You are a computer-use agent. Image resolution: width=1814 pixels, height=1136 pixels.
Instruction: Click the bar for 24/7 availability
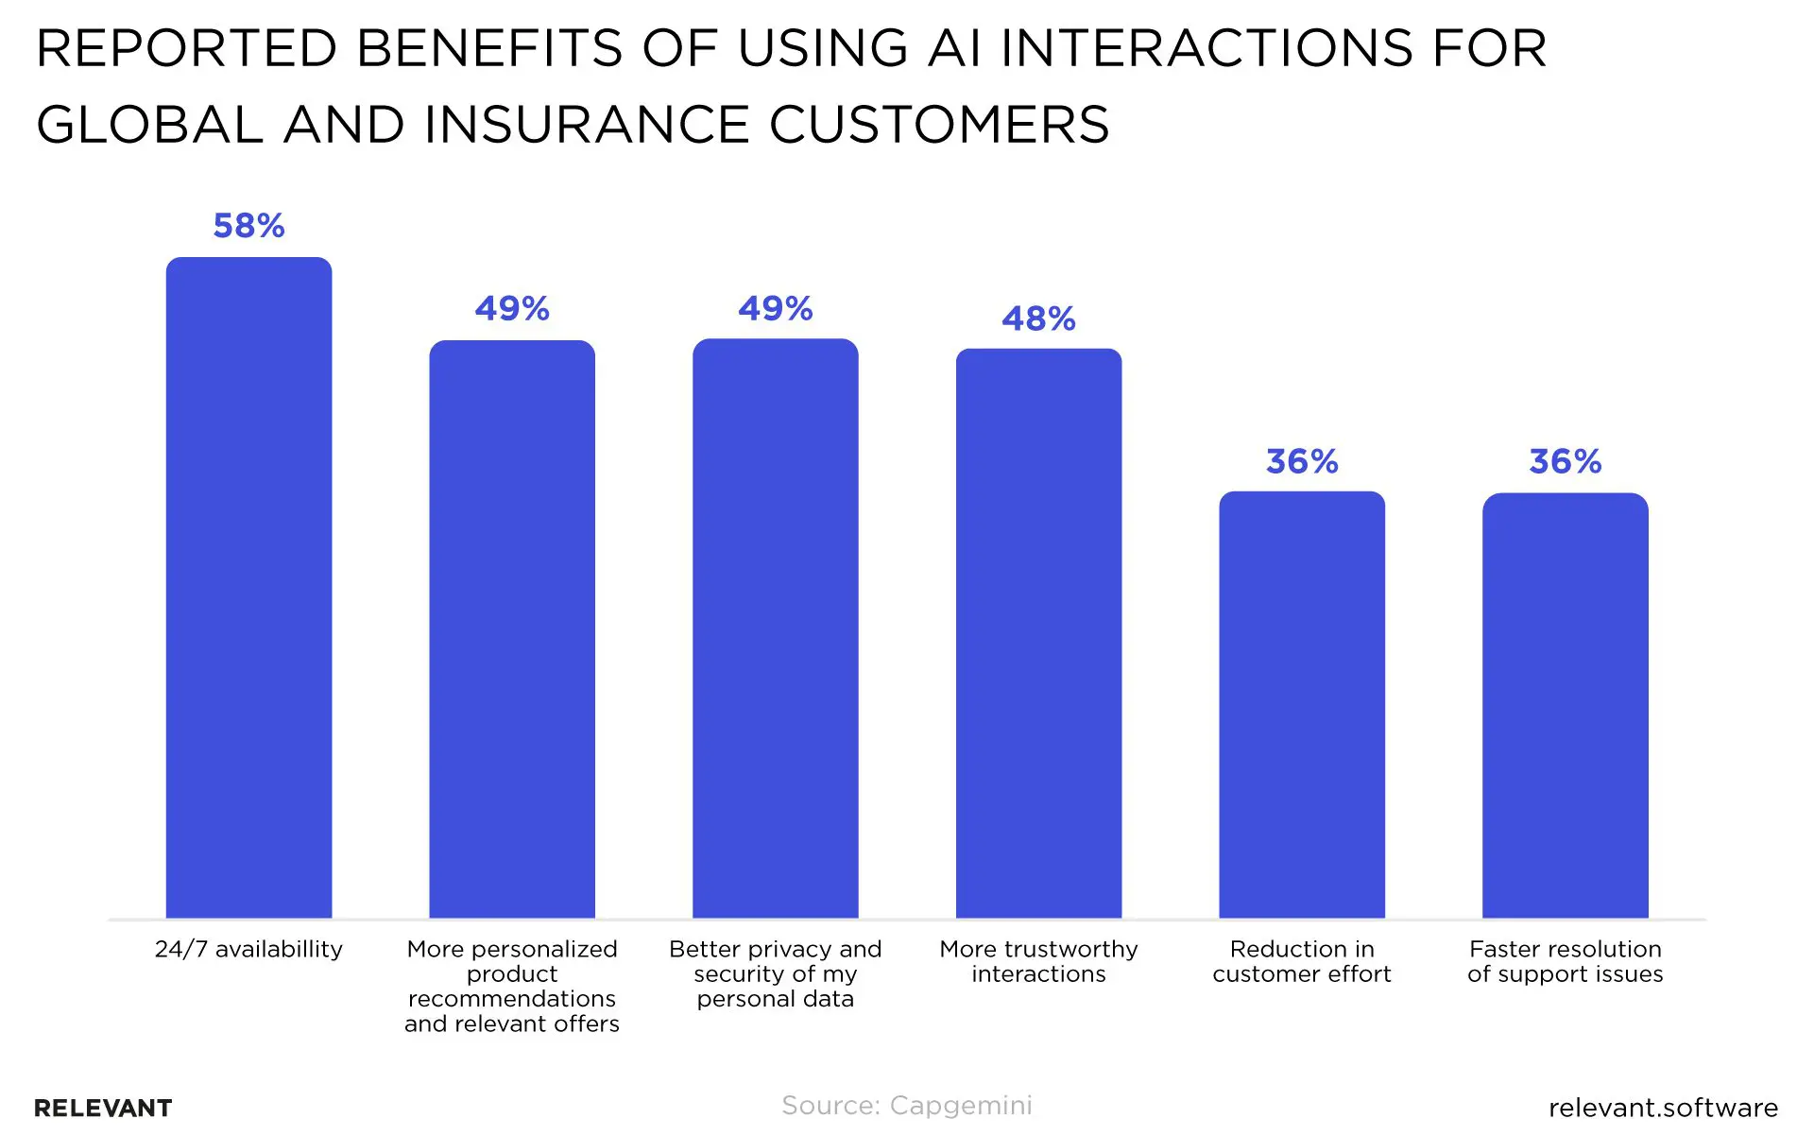tap(248, 586)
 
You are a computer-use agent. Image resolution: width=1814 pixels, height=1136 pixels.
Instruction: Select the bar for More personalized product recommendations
tap(512, 628)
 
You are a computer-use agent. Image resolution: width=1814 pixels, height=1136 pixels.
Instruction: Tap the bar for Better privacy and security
tap(775, 628)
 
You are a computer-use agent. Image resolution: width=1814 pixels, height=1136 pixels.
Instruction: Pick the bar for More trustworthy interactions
tap(1038, 633)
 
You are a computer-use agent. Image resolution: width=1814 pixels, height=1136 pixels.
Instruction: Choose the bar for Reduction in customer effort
tap(1302, 704)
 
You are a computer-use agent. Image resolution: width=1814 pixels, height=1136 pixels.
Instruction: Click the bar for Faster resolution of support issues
tap(1565, 704)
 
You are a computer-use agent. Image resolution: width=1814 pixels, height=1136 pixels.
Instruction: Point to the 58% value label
tap(248, 226)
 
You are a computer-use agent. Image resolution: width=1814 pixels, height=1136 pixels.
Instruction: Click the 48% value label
tap(1038, 318)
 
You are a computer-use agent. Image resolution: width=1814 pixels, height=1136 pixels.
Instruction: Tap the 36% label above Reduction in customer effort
tap(1302, 461)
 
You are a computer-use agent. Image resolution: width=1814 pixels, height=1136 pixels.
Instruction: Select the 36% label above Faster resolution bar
tap(1565, 461)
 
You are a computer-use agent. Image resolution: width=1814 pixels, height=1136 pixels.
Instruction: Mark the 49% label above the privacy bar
tap(775, 308)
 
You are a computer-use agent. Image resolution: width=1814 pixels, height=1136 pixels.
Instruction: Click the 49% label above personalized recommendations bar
tap(512, 308)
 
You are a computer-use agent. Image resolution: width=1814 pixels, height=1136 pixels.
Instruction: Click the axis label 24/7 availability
tap(248, 949)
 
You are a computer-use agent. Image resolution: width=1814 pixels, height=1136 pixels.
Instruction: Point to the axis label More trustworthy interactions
tap(1038, 961)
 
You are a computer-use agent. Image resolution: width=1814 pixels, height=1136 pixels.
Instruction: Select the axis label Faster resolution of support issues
tap(1565, 961)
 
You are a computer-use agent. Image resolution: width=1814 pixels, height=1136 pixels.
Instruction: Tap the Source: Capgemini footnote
tap(907, 1105)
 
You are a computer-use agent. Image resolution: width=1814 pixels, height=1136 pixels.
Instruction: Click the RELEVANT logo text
tap(103, 1108)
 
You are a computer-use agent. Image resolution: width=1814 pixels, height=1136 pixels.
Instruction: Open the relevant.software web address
tap(1663, 1108)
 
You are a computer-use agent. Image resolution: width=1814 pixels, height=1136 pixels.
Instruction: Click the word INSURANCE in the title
tap(587, 125)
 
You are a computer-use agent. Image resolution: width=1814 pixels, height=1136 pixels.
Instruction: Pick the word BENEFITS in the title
tap(490, 48)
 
